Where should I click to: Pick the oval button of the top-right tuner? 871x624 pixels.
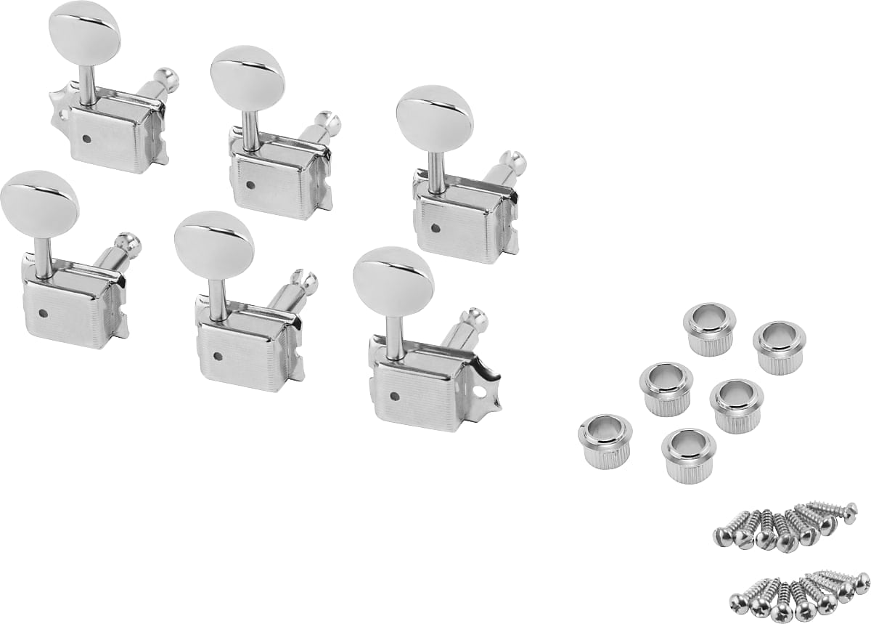click(x=435, y=118)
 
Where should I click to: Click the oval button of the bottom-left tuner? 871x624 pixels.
click(x=39, y=204)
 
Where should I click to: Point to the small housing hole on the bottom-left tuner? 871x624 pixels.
click(x=44, y=313)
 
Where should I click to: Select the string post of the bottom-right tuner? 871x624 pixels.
click(x=473, y=323)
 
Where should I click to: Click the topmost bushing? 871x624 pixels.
click(x=709, y=328)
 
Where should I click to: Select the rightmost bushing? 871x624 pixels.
click(x=780, y=346)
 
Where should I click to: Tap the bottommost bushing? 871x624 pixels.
click(x=688, y=455)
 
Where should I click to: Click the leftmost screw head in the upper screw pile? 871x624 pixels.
click(x=723, y=537)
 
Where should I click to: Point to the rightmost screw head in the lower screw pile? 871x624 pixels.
click(x=862, y=581)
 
